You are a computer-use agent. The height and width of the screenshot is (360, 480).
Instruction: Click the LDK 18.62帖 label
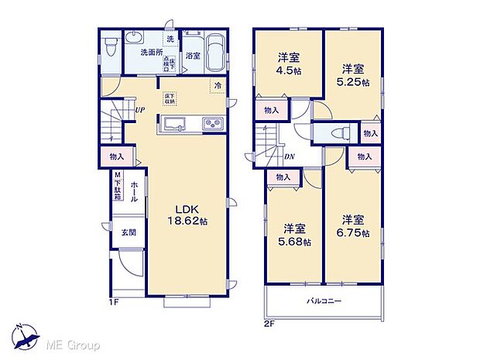click(188, 214)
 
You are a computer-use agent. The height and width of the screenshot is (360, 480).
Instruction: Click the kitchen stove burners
click(212, 124)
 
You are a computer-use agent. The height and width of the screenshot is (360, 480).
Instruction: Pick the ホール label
click(134, 192)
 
